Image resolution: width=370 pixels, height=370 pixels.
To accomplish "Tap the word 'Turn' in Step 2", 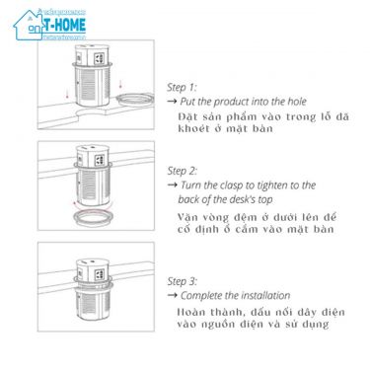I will point(194,185).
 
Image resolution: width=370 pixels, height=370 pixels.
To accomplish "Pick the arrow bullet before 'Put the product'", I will point(172,102).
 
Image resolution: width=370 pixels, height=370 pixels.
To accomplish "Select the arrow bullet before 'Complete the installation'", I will point(172,296).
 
